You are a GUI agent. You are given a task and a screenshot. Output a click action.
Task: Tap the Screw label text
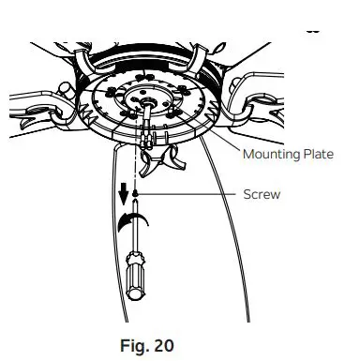click(x=262, y=195)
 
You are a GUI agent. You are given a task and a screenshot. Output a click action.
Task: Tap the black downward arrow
click(x=123, y=195)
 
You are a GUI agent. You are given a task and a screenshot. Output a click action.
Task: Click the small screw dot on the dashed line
click(x=138, y=195)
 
